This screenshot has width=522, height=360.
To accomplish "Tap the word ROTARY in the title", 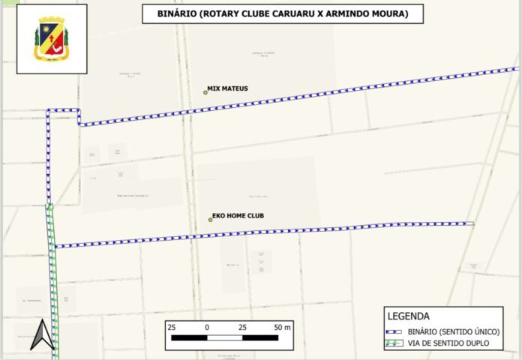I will [227, 13].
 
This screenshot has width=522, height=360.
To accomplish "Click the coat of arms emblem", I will [51, 39].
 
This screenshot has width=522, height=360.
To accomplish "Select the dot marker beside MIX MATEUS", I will [205, 92].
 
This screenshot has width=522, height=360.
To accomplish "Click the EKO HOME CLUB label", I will [238, 216].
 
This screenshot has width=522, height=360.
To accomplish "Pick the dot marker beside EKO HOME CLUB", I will [211, 220].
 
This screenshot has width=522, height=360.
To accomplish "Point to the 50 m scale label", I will [282, 328].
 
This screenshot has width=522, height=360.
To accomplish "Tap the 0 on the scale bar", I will [206, 328].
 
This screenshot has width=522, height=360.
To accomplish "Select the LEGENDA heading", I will [408, 316].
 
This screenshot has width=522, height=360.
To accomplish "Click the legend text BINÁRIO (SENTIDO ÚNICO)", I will [454, 331].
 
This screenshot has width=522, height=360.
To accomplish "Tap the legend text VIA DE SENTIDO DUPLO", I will [448, 343].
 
